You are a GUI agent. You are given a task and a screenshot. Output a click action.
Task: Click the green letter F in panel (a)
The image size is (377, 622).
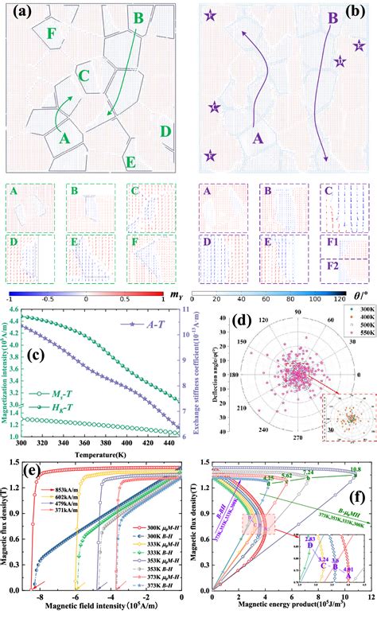coord(52,33)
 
